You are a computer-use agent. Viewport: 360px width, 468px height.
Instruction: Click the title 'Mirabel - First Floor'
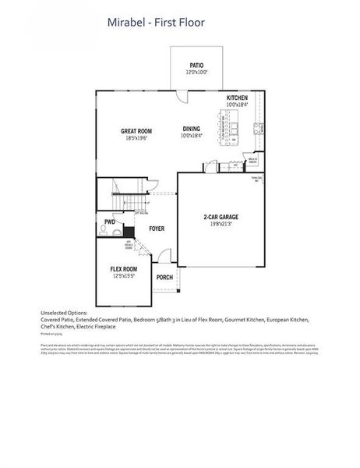[156, 23]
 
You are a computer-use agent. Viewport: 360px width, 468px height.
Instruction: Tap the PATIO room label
[196, 65]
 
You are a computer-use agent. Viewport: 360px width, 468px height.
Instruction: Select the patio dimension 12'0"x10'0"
[196, 73]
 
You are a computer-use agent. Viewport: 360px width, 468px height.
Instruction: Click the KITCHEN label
[237, 97]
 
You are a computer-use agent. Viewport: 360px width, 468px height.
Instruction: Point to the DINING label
[192, 128]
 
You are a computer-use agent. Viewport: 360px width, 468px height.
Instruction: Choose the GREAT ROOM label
[136, 131]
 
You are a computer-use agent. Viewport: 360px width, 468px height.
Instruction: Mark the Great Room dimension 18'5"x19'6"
[136, 138]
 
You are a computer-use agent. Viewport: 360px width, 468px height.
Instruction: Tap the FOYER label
[157, 229]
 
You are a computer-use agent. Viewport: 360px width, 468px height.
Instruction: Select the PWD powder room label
[109, 222]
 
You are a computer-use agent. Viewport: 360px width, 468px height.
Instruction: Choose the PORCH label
[164, 278]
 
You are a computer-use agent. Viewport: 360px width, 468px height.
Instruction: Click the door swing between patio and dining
[182, 96]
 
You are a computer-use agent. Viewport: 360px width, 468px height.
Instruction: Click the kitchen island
[231, 129]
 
